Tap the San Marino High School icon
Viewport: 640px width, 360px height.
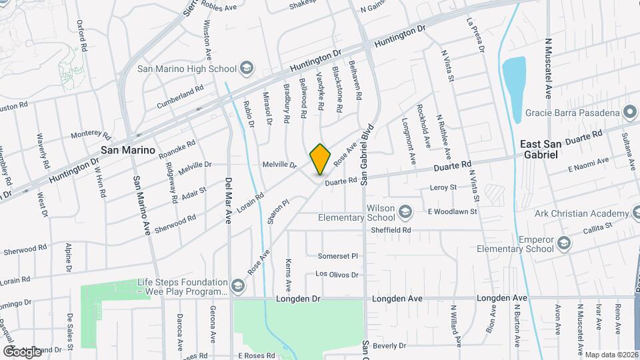(x=247, y=68)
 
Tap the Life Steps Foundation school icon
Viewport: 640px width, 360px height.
(x=239, y=286)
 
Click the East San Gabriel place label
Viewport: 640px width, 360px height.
(x=541, y=145)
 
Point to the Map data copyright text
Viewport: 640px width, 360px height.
(x=611, y=355)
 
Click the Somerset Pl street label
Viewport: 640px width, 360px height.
(x=338, y=256)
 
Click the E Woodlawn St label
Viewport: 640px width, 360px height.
(x=453, y=212)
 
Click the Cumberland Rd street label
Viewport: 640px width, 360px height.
(x=179, y=97)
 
